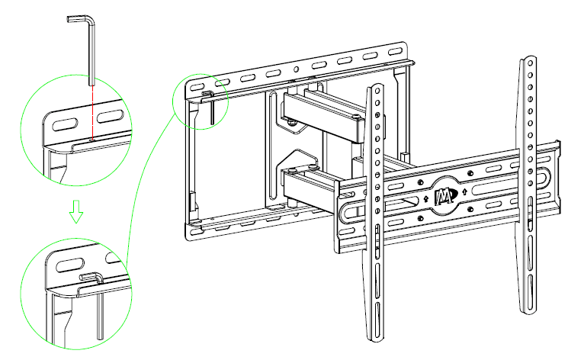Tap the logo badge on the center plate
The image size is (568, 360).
(444, 196)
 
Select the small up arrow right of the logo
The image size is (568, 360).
(465, 191)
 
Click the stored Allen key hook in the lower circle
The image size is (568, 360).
(90, 276)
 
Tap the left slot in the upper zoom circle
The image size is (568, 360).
(66, 121)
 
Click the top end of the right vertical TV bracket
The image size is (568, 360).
(527, 61)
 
